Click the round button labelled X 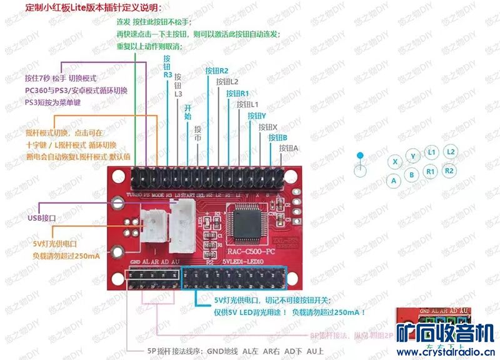coord(395,161)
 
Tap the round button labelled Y coord(412,156)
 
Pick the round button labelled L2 coord(451,151)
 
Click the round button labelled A coord(394,181)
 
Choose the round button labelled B coord(411,175)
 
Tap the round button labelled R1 coord(430,171)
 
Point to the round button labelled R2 coord(449,170)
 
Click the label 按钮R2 coord(217,70)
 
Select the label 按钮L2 coord(227,82)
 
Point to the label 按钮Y coord(257,116)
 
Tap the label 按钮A coord(289,148)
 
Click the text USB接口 coord(42,218)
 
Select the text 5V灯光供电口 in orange coord(58,244)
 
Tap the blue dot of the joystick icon coord(359,155)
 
